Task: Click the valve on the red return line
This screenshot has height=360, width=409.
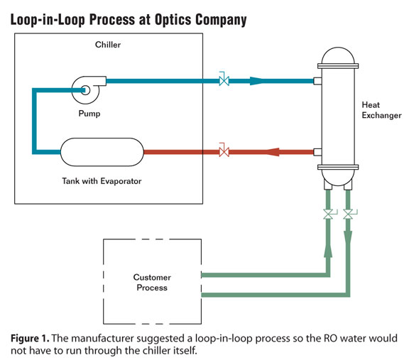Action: point(224,151)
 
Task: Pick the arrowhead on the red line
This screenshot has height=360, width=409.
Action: point(273,151)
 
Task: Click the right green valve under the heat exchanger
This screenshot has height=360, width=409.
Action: point(348,214)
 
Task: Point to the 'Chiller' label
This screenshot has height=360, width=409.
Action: point(109,45)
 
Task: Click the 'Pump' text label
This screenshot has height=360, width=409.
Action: point(89,112)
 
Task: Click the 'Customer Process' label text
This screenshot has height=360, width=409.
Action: point(151,282)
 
